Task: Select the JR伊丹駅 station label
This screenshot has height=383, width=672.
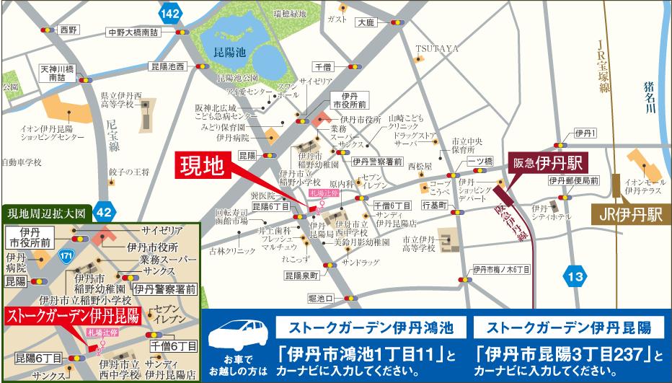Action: tap(628, 214)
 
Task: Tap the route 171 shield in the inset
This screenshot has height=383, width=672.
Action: tap(66, 257)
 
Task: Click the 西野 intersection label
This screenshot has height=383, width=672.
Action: tap(69, 30)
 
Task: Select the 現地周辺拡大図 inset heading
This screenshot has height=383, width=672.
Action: tap(46, 213)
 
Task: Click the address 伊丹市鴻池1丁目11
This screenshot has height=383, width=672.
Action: tap(358, 355)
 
